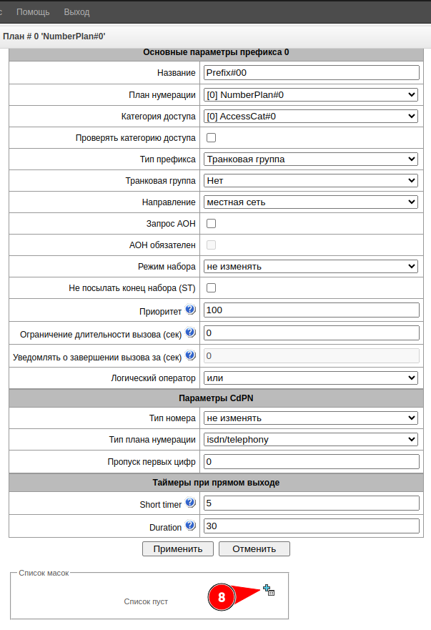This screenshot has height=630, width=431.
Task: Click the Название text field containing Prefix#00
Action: click(311, 73)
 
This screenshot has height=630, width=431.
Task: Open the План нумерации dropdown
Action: click(311, 94)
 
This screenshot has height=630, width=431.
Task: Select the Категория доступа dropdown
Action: click(311, 116)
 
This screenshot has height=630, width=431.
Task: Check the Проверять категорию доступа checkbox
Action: click(211, 137)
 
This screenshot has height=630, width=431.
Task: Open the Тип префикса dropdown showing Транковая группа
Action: click(311, 159)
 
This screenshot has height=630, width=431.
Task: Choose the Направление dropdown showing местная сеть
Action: click(311, 202)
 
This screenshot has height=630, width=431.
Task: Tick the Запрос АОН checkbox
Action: click(211, 223)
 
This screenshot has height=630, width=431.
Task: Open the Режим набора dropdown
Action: click(311, 266)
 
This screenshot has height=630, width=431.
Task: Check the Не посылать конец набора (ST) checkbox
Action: click(211, 287)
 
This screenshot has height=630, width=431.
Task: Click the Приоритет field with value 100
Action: click(311, 310)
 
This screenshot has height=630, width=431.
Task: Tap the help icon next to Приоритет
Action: click(190, 310)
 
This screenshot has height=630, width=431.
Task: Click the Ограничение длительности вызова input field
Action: click(311, 333)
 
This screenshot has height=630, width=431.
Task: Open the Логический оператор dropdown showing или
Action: click(311, 378)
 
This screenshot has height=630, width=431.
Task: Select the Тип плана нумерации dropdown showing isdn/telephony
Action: click(311, 439)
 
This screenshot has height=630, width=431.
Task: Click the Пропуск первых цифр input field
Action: click(311, 462)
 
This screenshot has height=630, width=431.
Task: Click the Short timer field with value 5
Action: click(311, 503)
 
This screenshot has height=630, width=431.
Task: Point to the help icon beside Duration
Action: click(190, 526)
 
